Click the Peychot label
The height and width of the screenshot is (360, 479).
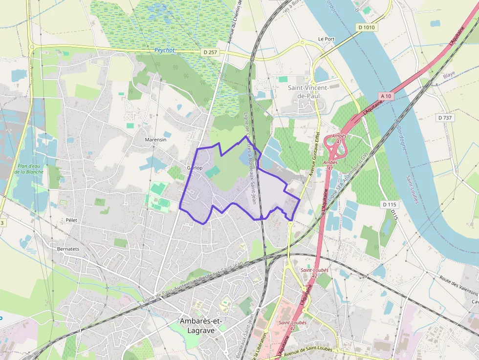pos(164,50)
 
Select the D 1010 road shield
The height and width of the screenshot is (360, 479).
pos(367,27)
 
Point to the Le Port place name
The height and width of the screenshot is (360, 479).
pos(326,39)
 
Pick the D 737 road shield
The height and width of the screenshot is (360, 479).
pos(445,118)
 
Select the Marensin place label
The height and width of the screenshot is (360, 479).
pos(155,140)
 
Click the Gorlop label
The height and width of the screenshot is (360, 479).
pos(195,168)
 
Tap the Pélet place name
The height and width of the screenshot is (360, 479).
pos(71,220)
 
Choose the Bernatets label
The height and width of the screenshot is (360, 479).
pos(68,249)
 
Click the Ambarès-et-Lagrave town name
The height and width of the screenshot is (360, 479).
pos(201,325)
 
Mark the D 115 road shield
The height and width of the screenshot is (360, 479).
pos(389,204)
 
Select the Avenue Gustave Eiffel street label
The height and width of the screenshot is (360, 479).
pos(314,153)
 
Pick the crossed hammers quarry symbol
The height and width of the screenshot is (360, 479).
pos(56,227)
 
